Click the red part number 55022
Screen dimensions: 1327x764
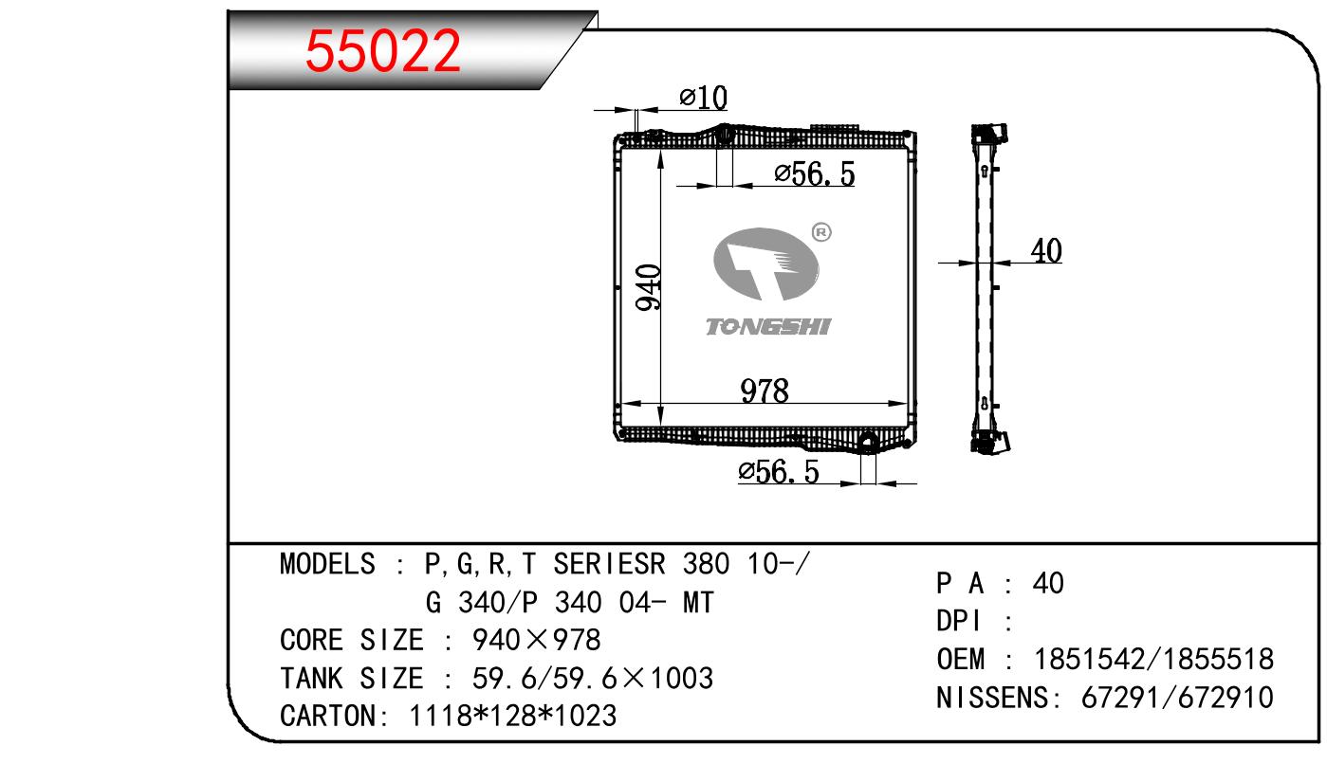pos(382,51)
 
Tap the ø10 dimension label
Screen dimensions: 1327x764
pos(703,98)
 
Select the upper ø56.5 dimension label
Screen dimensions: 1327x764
pos(815,174)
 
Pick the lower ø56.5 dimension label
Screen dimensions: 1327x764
pos(779,472)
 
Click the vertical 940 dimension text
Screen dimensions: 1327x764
pos(648,287)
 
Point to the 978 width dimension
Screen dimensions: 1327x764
pos(765,391)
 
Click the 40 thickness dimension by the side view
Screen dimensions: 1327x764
pos(1046,250)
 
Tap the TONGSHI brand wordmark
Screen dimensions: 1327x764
pos(768,327)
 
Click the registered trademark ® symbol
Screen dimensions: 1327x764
pos(821,232)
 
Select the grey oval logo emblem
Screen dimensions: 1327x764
pos(766,264)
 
